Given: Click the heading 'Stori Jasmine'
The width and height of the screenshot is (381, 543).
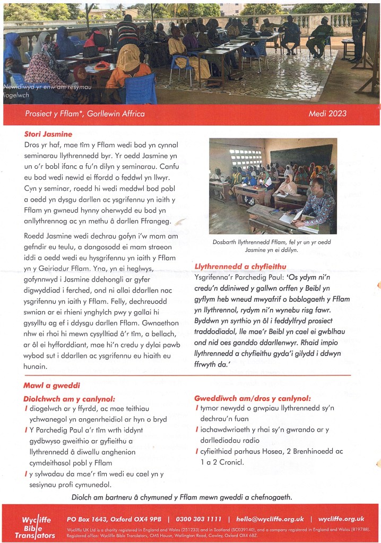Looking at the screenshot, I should click(x=48, y=134).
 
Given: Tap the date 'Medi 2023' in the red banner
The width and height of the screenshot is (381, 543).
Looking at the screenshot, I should click(x=327, y=113).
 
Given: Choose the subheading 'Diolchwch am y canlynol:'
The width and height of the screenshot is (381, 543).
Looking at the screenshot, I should click(x=70, y=398).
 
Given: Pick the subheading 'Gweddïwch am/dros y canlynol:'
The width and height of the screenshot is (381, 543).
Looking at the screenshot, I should click(x=253, y=398).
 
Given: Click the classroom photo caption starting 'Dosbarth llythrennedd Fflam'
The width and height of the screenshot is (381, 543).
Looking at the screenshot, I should click(x=273, y=246).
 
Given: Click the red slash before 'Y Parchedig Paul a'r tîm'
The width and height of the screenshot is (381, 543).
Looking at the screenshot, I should click(x=26, y=430).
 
